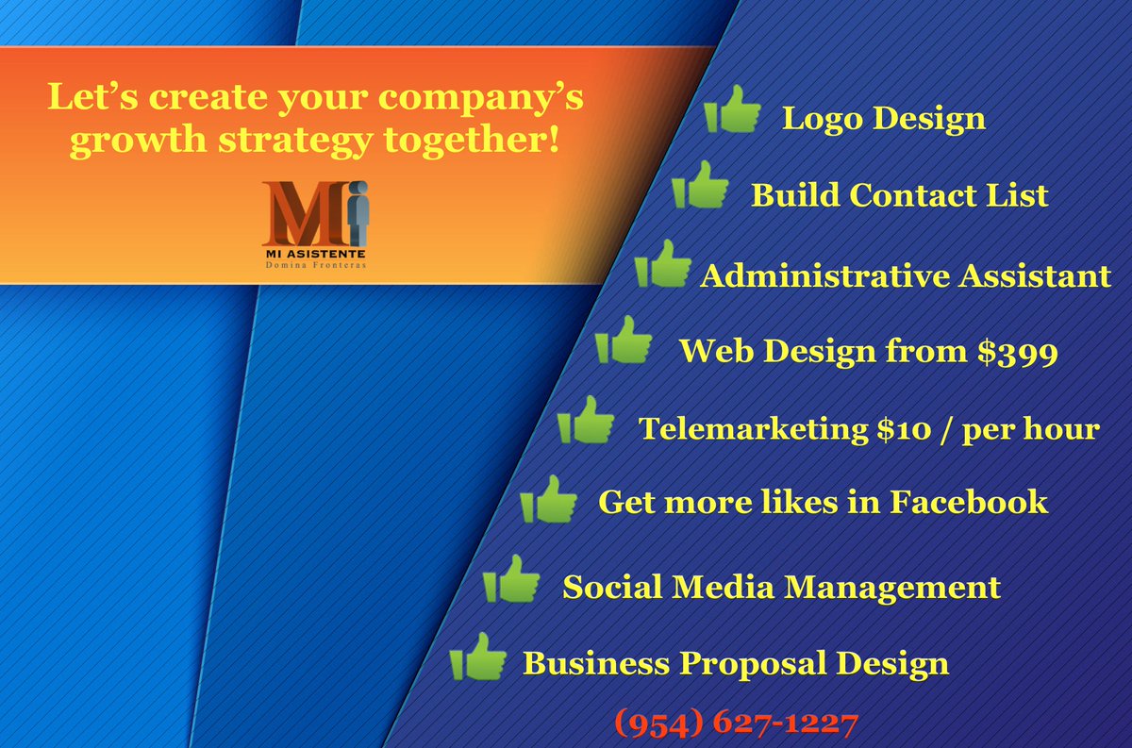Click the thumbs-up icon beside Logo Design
pyautogui.click(x=732, y=110)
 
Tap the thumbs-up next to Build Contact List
pyautogui.click(x=700, y=186)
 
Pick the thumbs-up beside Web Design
pyautogui.click(x=624, y=341)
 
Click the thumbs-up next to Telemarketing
pyautogui.click(x=586, y=420)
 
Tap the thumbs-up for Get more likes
pyautogui.click(x=548, y=500)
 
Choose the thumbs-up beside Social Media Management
pyautogui.click(x=511, y=579)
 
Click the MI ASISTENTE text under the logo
pyautogui.click(x=314, y=254)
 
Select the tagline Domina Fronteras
pyautogui.click(x=314, y=268)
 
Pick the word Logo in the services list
pyautogui.click(x=821, y=120)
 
